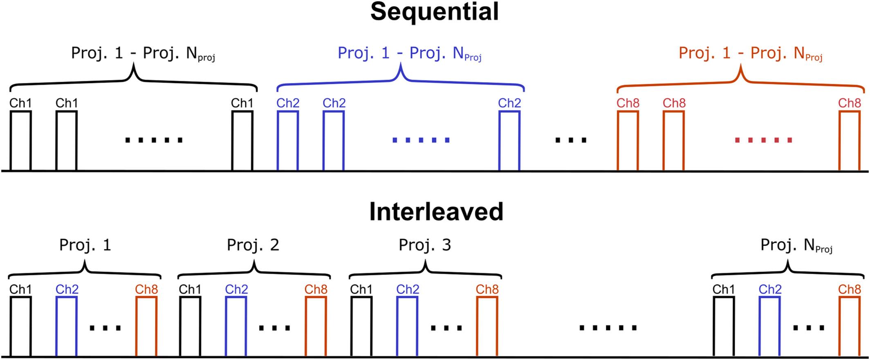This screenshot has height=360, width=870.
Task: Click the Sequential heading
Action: [435, 11]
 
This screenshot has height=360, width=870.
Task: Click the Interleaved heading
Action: [436, 212]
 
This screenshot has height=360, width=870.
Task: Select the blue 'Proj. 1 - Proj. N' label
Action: [409, 54]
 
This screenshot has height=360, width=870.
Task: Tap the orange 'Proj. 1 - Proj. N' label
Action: [750, 54]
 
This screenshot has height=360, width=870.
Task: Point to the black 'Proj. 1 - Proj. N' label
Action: [143, 54]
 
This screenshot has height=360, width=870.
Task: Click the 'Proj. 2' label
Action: [253, 245]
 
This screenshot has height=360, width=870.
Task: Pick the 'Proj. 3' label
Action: [425, 245]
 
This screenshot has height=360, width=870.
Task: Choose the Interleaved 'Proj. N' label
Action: [796, 246]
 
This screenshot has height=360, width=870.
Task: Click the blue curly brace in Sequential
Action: [400, 80]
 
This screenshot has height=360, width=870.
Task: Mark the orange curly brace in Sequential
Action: [740, 80]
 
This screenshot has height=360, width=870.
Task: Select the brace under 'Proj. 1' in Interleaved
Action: [85, 271]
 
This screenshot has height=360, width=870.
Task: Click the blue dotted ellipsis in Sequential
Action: [421, 140]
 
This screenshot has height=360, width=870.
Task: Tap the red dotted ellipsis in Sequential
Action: [764, 140]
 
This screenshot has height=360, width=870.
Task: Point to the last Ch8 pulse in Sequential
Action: [850, 141]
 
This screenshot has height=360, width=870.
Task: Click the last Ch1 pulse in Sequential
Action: [242, 141]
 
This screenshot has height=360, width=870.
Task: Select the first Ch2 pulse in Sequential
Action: [288, 141]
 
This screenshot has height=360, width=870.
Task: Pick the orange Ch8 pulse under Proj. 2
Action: [316, 326]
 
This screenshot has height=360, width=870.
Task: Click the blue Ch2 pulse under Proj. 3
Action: [407, 326]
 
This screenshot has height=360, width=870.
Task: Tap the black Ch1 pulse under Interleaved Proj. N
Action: [724, 326]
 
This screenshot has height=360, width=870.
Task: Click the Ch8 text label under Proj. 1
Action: [146, 289]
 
